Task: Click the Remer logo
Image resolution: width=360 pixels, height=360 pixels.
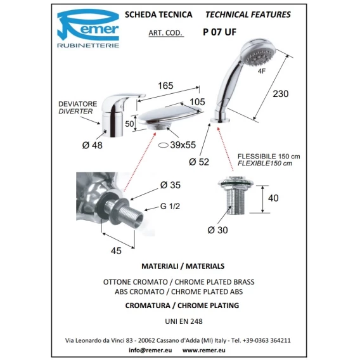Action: [88, 29]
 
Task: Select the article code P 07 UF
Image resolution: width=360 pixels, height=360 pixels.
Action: [219, 32]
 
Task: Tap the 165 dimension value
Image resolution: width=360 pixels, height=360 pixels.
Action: [165, 86]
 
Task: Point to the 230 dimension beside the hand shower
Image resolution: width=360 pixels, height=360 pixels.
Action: [281, 94]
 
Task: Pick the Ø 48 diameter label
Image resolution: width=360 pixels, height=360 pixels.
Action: [93, 145]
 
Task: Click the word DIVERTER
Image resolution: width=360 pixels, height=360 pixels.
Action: [75, 112]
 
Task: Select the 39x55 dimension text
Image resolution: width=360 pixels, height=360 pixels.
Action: [183, 145]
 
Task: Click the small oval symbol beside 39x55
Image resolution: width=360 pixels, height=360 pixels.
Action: [164, 145]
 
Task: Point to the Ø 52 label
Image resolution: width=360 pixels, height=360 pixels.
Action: [199, 162]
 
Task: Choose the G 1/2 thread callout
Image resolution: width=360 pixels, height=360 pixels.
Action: [170, 206]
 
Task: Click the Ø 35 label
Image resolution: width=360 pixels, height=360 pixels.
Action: [170, 185]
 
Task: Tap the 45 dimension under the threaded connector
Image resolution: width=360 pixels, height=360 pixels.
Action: [116, 251]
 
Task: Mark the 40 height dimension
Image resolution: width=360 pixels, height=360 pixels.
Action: [273, 198]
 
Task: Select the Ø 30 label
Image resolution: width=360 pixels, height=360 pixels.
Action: [217, 230]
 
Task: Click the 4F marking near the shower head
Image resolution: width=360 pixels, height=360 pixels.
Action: [262, 71]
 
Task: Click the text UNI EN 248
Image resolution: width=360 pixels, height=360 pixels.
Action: [184, 321]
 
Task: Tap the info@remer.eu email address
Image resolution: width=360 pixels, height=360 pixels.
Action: [150, 350]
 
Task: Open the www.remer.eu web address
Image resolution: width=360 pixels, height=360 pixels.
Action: [203, 350]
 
